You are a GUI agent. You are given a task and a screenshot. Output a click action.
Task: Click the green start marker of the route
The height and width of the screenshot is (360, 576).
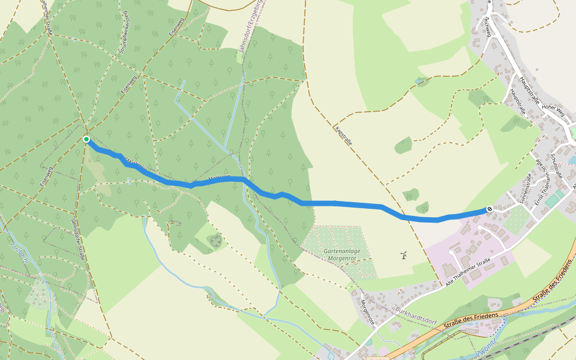click(86, 139)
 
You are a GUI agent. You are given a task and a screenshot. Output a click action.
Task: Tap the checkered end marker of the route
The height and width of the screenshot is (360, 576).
click(490, 209)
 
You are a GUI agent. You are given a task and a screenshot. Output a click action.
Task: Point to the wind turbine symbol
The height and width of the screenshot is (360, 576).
click(404, 255)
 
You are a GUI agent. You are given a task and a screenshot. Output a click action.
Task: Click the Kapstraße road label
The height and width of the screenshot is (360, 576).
click(343, 136)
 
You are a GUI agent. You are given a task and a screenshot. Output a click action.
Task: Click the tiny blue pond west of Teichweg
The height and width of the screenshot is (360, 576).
click(419, 80)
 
